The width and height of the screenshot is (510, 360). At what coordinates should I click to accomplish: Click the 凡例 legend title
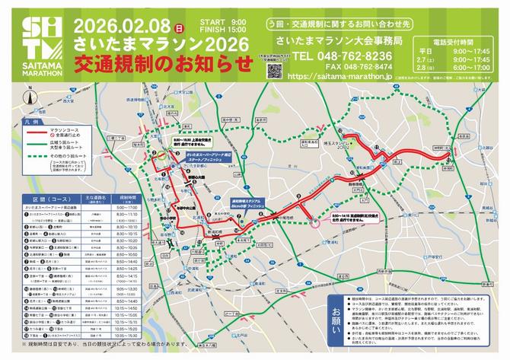click(x=30, y=121)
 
